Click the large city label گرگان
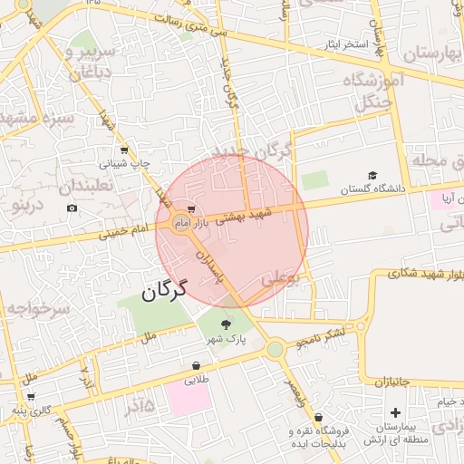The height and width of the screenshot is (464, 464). [164, 290]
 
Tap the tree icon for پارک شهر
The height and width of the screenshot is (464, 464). [226, 324]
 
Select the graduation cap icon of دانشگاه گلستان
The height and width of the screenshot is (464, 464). [372, 176]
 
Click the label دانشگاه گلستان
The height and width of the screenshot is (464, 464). [370, 189]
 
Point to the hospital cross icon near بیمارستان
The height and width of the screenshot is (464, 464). [395, 413]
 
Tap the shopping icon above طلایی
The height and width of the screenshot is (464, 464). [196, 366]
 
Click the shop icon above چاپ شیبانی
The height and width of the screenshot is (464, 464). [123, 151]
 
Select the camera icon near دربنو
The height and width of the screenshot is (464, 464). [72, 208]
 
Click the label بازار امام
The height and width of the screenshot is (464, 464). [192, 222]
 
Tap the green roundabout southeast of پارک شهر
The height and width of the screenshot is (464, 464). [275, 349]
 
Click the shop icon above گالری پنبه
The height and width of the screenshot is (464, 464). [31, 396]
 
